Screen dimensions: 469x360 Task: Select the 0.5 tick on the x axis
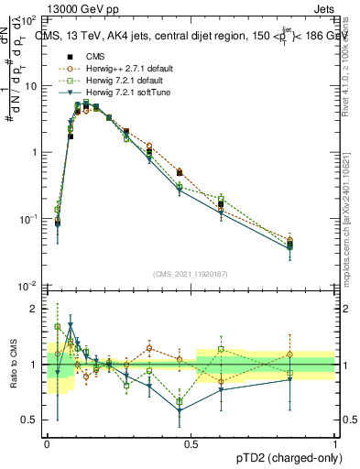tap(191, 442)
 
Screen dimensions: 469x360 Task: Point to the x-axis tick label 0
tap(48, 442)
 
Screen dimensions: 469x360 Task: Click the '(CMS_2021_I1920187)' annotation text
tap(191, 274)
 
